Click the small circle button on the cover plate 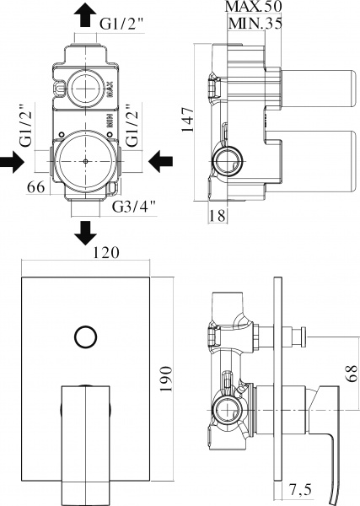click(85, 336)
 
